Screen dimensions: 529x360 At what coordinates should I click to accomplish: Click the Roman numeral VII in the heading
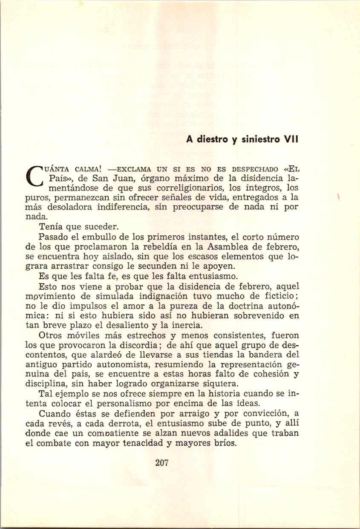(291, 139)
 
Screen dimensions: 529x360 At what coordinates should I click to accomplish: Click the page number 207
(163, 463)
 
